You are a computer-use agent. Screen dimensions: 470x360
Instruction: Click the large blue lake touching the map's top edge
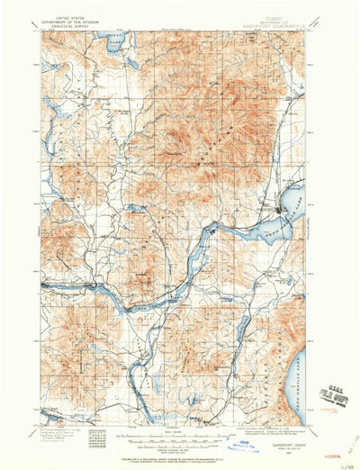coord(115,40)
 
